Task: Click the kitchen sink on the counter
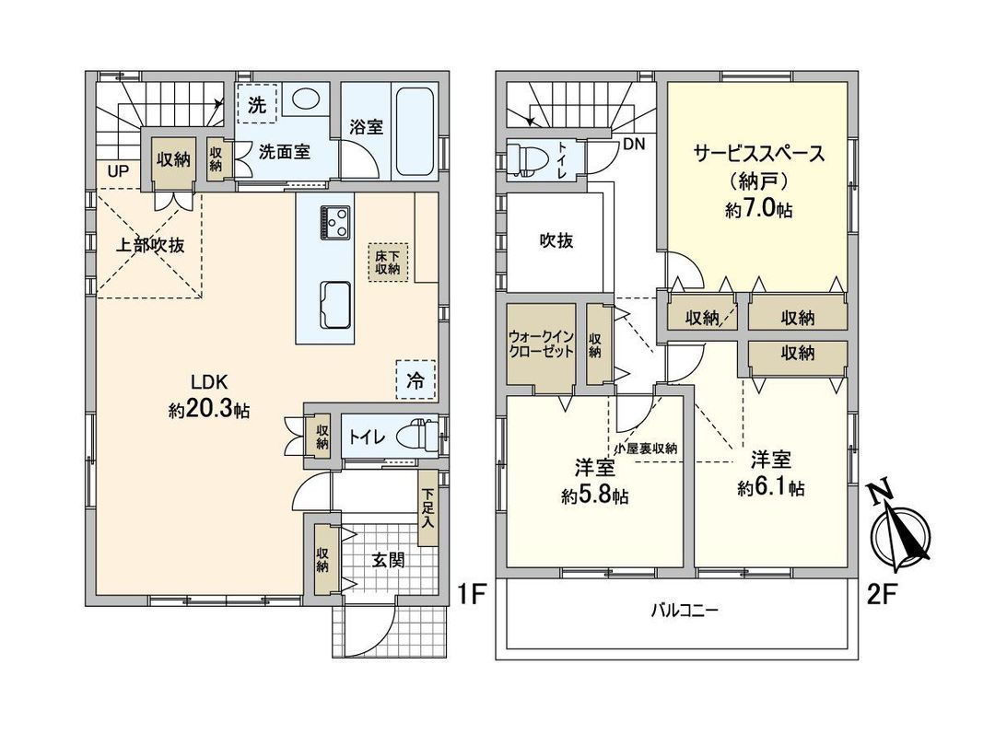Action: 335,303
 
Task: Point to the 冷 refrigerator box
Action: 416,379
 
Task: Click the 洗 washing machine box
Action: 258,104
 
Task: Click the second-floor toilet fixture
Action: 529,158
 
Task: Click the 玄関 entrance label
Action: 388,559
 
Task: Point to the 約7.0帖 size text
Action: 758,211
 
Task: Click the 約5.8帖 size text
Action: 594,496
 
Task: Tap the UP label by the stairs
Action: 118,171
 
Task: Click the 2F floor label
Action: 882,594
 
